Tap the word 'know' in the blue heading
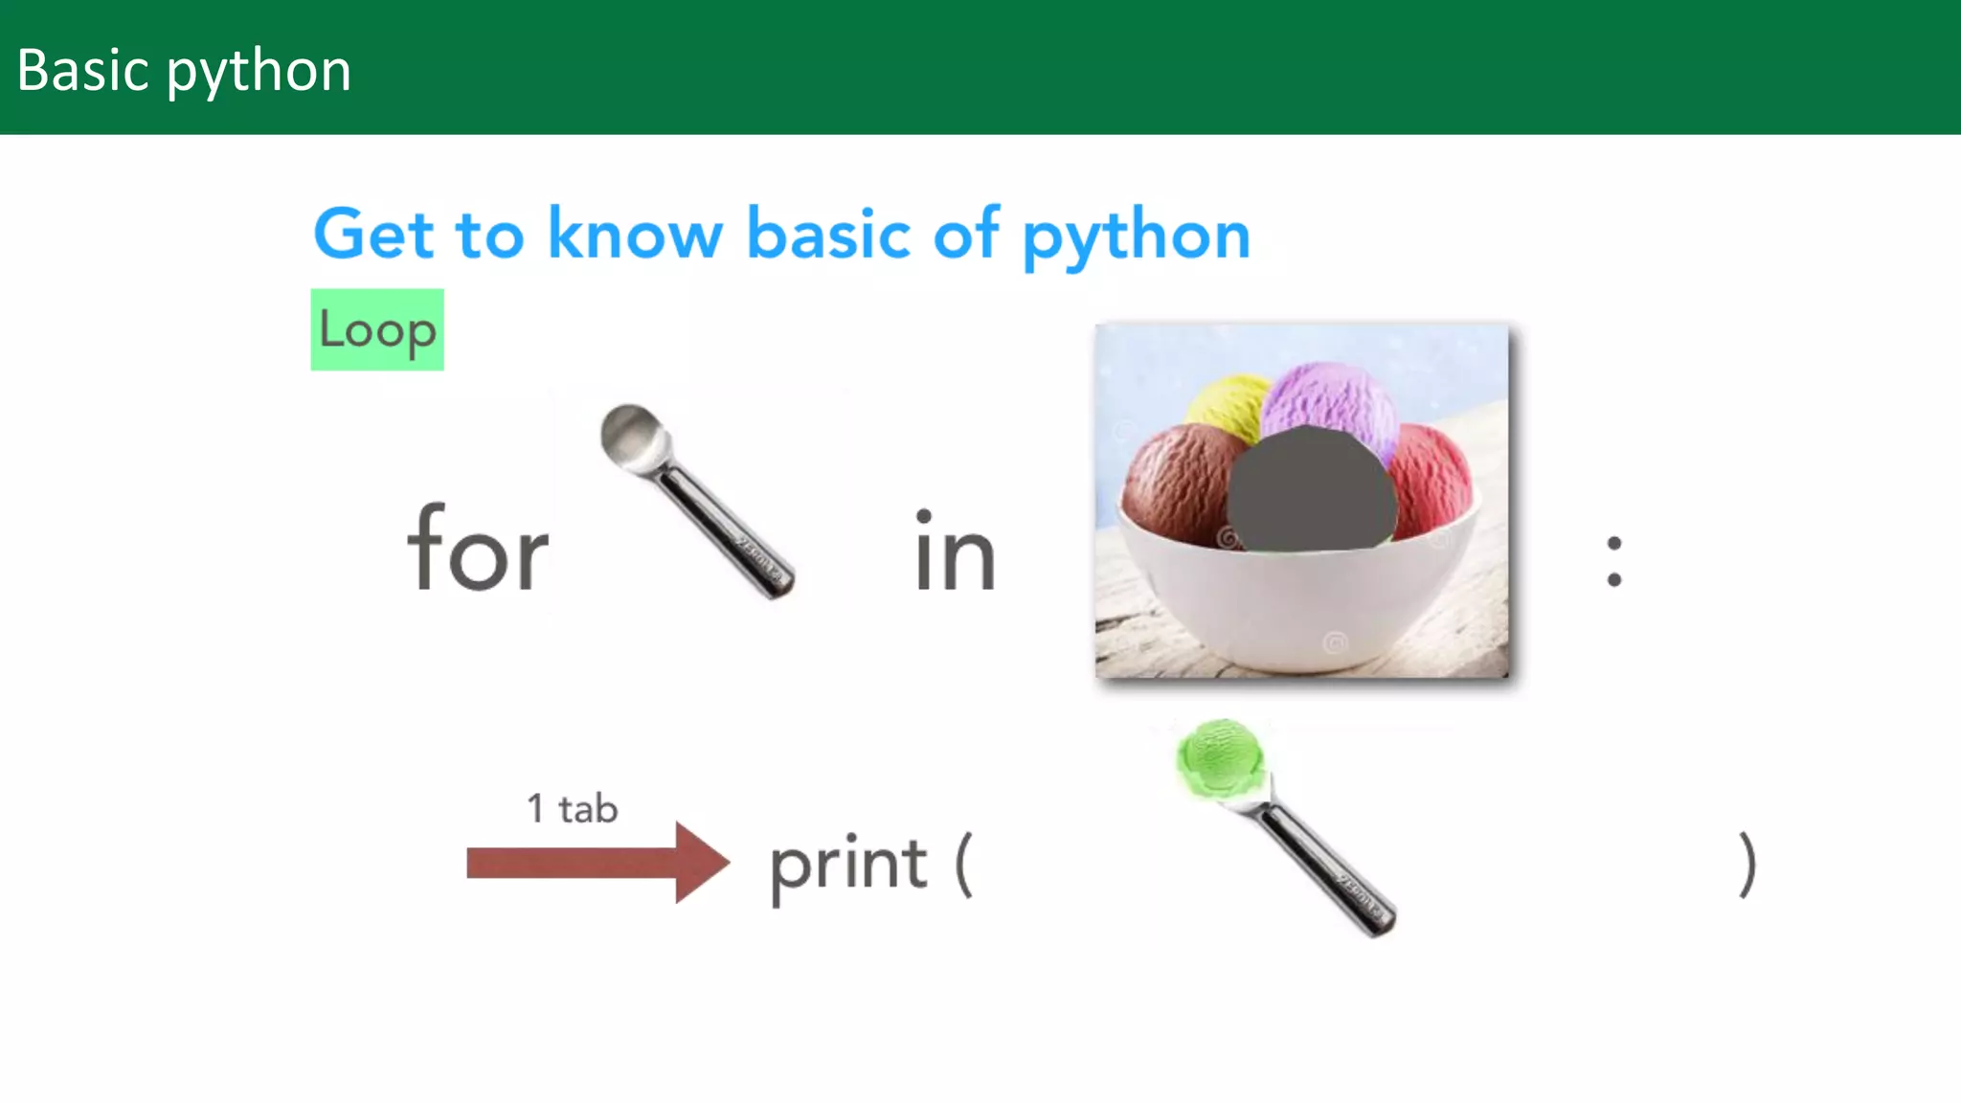tap(635, 235)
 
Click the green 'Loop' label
tap(377, 329)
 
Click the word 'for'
tap(477, 550)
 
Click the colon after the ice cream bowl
tap(1614, 561)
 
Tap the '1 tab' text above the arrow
tap(573, 809)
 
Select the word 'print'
tap(848, 865)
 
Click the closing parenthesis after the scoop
tap(1747, 865)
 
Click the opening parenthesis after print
tap(963, 865)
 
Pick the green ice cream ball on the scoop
tap(1219, 757)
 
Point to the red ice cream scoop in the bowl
tap(1432, 479)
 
